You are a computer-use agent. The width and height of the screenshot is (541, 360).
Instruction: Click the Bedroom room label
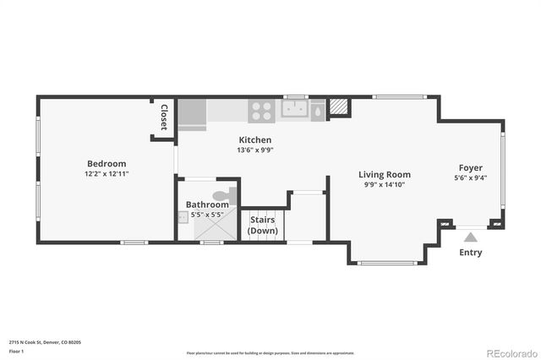click(107, 163)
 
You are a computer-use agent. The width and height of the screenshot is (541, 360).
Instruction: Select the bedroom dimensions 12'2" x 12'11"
click(107, 173)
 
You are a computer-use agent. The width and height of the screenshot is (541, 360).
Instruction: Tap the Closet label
click(163, 117)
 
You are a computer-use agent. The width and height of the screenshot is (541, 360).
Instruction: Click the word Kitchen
click(254, 139)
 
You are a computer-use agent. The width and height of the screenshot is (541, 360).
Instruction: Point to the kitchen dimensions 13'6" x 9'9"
click(254, 150)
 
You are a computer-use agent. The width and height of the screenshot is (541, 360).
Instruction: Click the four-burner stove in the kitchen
click(260, 109)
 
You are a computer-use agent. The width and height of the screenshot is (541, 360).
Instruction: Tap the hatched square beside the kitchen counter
click(338, 108)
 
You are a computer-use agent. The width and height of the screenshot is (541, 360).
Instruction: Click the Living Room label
click(385, 174)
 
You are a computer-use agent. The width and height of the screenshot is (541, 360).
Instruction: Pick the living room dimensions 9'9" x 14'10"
click(385, 184)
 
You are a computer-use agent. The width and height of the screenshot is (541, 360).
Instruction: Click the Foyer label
click(471, 167)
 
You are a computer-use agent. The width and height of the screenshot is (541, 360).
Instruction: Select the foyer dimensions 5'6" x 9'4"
click(471, 177)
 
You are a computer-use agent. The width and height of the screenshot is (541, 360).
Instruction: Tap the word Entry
click(471, 252)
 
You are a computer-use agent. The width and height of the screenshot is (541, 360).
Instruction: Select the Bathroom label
click(207, 205)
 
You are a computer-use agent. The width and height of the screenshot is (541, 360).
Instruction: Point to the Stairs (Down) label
click(263, 225)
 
